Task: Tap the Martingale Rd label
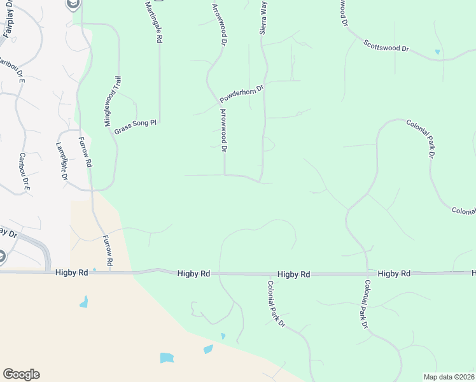click(x=154, y=20)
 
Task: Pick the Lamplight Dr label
click(x=61, y=162)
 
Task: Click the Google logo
click(x=21, y=374)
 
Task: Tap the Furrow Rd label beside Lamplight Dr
click(x=85, y=152)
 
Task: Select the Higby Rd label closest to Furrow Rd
click(x=71, y=272)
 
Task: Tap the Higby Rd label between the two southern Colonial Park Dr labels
click(x=294, y=274)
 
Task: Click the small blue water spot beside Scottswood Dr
click(x=437, y=52)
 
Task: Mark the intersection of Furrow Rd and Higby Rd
click(x=109, y=272)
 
